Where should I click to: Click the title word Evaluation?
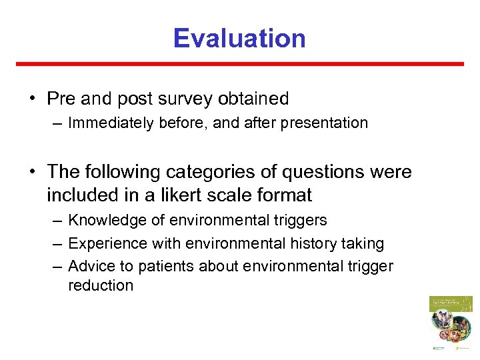pos(239,38)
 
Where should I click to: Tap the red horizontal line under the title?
pos(239,64)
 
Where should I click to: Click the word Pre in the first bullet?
pos(61,99)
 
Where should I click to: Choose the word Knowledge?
pos(101,220)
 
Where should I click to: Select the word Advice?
pos(88,267)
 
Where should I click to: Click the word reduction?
pos(101,285)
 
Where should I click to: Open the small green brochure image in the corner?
pos(451,323)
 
